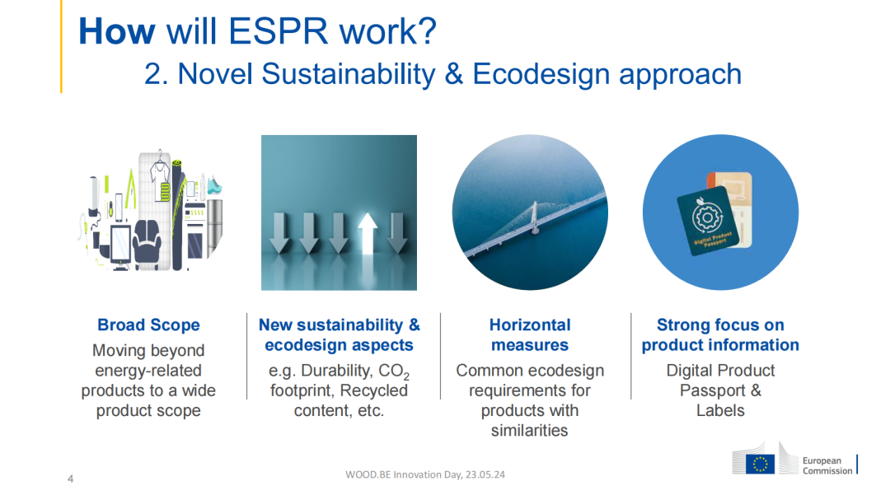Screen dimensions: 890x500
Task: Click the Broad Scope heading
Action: [x=148, y=325]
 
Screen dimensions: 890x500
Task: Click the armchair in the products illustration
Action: [x=147, y=241]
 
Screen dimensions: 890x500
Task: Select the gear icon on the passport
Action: [x=707, y=218]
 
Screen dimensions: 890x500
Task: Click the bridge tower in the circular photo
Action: [x=533, y=217]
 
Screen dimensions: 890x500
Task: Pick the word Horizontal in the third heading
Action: [x=530, y=325]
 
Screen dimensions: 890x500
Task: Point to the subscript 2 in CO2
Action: [x=406, y=376]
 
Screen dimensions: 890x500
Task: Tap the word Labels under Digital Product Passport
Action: [x=720, y=410]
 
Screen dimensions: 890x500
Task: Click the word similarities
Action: [x=530, y=430]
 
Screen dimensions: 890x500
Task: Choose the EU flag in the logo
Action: [x=760, y=465]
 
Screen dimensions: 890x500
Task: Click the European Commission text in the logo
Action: [x=827, y=465]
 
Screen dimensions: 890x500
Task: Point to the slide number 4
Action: [x=70, y=479]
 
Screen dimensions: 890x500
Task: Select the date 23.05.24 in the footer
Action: [x=485, y=474]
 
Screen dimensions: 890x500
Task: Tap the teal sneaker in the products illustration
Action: [x=214, y=185]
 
